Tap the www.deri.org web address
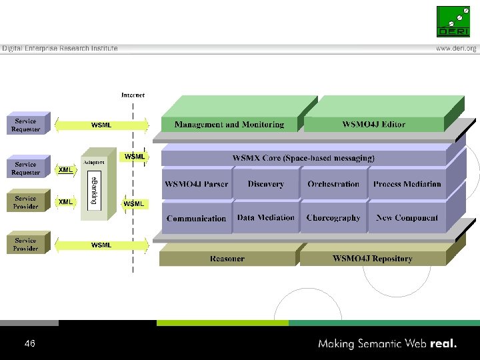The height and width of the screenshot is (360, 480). tap(456, 49)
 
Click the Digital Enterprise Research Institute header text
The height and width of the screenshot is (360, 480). tap(60, 49)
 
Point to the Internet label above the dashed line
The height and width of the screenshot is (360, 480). tap(133, 95)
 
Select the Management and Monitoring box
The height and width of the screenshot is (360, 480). tap(229, 125)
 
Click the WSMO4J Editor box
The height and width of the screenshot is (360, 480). tap(373, 125)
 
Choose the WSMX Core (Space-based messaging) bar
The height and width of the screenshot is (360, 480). tap(303, 158)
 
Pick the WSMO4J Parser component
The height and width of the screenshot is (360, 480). tap(197, 184)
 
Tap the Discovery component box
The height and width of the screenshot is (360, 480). tap(265, 184)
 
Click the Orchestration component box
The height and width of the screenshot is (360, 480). tap(333, 184)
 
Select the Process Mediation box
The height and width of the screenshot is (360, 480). tap(407, 184)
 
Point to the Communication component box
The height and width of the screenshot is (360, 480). tap(197, 218)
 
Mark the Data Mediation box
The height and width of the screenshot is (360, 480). tap(265, 217)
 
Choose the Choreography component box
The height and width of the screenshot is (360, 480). tap(333, 217)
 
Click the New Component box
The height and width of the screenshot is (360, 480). tap(407, 217)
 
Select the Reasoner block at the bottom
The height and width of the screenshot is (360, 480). tap(227, 259)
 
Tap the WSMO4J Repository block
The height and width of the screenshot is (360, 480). tap(372, 259)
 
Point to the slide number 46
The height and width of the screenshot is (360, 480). tap(29, 344)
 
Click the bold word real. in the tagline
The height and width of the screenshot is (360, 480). tap(444, 344)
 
